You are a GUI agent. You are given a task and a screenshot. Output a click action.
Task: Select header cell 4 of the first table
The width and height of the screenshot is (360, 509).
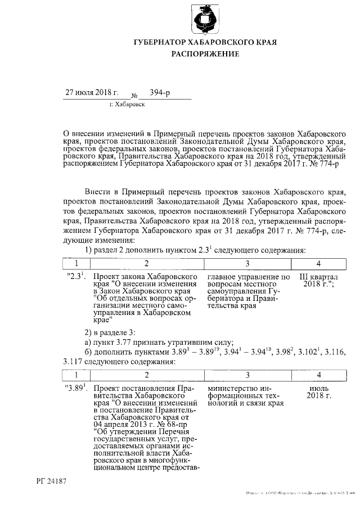319,263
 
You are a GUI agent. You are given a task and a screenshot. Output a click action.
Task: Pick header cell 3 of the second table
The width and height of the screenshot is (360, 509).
247,375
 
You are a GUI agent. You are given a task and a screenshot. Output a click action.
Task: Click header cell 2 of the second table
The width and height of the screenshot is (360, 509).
146,375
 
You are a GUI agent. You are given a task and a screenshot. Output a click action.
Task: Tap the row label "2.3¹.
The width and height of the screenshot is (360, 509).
75,277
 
